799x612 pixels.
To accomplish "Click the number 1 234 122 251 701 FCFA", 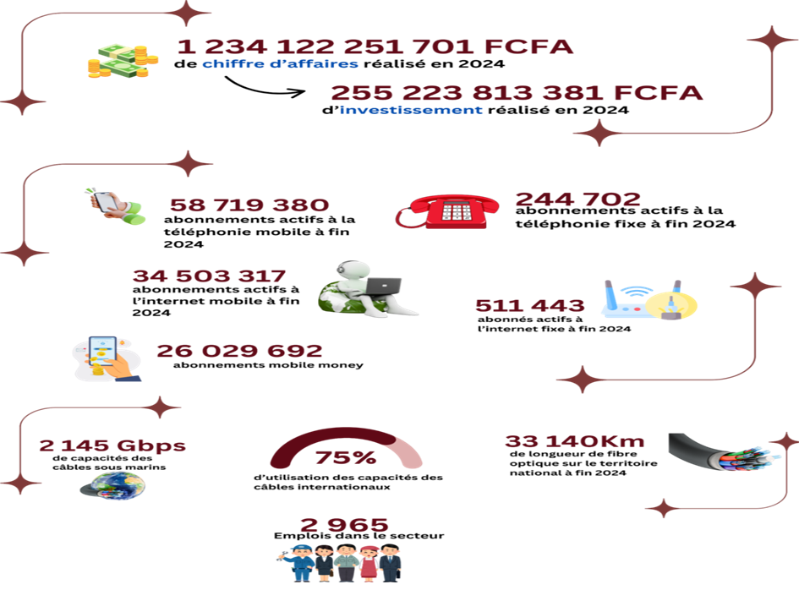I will pyautogui.click(x=375, y=46).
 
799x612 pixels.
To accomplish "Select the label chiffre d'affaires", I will pyautogui.click(x=280, y=64).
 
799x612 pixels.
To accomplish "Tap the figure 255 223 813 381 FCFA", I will pyautogui.click(x=517, y=93).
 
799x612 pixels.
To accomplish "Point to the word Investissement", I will pyautogui.click(x=411, y=110).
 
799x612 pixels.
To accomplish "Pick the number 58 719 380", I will pyautogui.click(x=249, y=205).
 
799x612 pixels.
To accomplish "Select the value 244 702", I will pyautogui.click(x=577, y=199).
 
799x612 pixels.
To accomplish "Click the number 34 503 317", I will pyautogui.click(x=209, y=276).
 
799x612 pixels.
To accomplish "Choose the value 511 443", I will pyautogui.click(x=529, y=305).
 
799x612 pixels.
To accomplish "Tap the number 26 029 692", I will pyautogui.click(x=239, y=350).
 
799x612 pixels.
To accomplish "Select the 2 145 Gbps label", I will pyautogui.click(x=112, y=445).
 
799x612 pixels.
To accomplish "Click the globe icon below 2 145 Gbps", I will pyautogui.click(x=112, y=485).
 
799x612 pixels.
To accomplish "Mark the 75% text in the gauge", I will pyautogui.click(x=345, y=458).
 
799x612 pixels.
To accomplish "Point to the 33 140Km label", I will pyautogui.click(x=575, y=441).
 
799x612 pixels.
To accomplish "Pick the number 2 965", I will pyautogui.click(x=344, y=525).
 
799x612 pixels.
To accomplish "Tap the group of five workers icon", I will pyautogui.click(x=340, y=562).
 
